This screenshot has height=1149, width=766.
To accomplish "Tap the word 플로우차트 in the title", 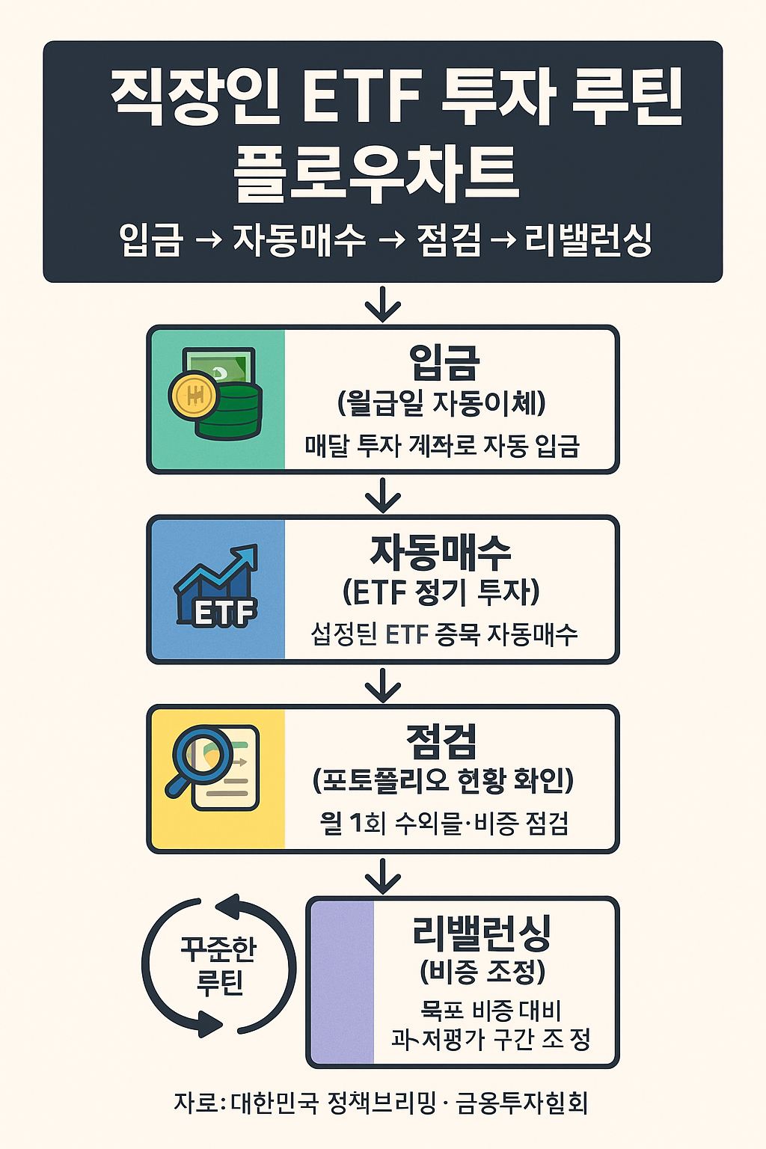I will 376,174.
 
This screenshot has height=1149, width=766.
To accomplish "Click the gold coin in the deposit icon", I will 193,395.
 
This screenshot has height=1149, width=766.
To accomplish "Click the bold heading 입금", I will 444,363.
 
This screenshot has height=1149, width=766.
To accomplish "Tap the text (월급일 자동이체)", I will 441,404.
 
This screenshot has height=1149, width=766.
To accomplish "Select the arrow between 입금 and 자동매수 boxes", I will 383,494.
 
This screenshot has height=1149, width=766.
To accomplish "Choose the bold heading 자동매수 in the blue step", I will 441,554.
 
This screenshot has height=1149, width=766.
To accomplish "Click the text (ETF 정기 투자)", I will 441,593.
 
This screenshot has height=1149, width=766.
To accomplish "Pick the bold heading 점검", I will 441,742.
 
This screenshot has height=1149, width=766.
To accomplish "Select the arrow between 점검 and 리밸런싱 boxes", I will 383,874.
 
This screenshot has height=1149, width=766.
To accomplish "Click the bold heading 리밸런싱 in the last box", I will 482,932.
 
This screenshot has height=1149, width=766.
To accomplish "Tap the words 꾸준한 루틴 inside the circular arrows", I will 218,966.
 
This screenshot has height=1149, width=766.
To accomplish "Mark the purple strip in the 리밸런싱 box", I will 342,981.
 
